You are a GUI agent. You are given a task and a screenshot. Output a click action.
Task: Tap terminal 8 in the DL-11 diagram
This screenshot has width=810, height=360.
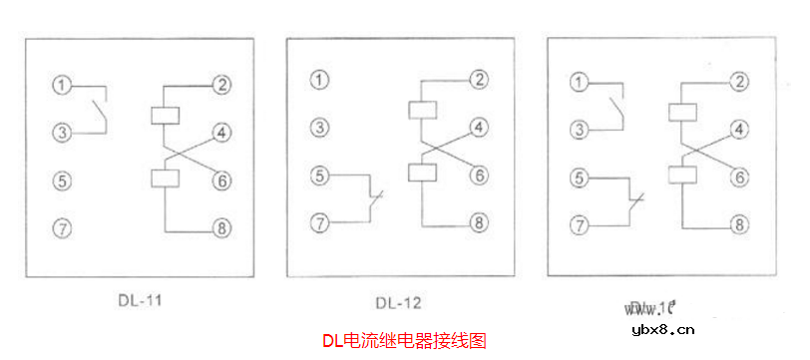click(x=221, y=230)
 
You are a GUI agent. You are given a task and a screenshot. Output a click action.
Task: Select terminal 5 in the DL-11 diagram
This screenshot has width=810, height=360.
click(x=61, y=180)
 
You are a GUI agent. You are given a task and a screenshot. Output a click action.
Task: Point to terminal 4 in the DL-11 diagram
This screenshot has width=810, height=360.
click(x=221, y=132)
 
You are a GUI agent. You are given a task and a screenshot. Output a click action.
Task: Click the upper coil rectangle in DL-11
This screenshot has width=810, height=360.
click(x=164, y=114)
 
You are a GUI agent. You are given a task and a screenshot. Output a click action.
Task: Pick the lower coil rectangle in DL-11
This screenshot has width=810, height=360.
click(x=164, y=179)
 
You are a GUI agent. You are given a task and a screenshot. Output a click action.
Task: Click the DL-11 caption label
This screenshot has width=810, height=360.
click(x=140, y=296)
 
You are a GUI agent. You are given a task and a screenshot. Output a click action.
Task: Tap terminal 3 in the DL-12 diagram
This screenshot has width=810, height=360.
click(x=319, y=127)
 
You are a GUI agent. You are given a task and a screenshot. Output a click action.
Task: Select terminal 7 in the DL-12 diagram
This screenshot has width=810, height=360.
click(x=319, y=221)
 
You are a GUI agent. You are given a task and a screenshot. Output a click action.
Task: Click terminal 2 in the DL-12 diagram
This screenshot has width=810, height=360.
click(x=480, y=79)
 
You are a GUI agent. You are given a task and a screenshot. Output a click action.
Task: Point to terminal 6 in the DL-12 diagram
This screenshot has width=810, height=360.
click(x=480, y=175)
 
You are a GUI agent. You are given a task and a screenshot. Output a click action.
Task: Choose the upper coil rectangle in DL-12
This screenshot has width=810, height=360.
click(x=423, y=109)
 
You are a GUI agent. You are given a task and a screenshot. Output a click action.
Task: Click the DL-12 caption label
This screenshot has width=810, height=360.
click(x=399, y=302)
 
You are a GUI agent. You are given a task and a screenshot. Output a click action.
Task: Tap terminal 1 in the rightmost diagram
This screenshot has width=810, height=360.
click(x=579, y=80)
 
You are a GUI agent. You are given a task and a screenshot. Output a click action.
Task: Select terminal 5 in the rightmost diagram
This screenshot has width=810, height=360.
click(x=579, y=179)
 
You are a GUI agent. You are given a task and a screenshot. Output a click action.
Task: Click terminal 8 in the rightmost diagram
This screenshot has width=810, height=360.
click(x=739, y=224)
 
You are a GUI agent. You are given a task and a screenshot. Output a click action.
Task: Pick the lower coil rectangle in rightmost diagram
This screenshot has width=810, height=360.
click(x=682, y=176)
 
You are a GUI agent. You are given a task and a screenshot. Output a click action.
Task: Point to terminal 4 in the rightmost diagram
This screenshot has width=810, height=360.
click(x=739, y=129)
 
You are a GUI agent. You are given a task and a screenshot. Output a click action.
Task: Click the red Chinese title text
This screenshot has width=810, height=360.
click(x=404, y=341)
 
